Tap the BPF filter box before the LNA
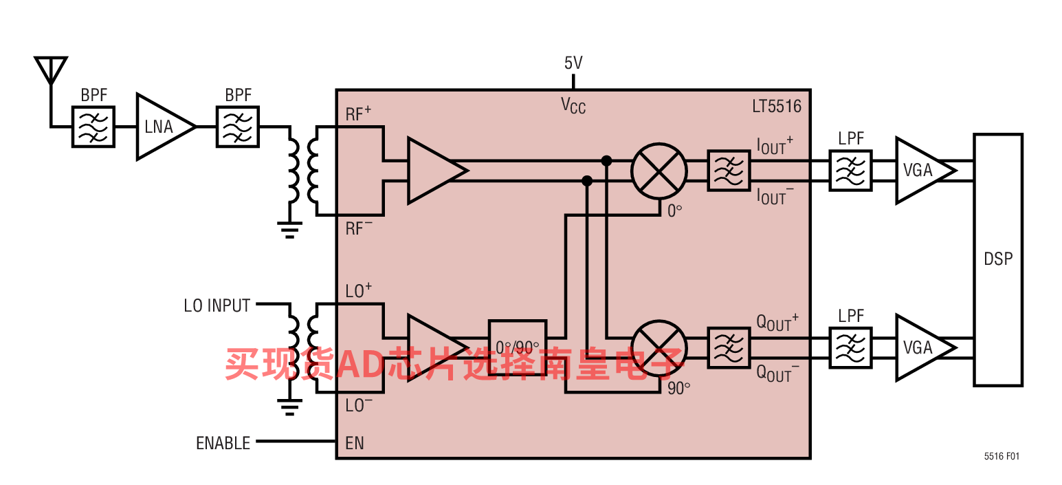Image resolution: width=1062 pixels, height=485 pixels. (93, 127)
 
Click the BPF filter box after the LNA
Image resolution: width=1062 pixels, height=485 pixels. (238, 127)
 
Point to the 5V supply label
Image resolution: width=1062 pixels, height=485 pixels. (573, 63)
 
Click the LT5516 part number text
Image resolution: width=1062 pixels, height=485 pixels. (777, 107)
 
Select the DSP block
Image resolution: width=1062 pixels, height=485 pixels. (998, 259)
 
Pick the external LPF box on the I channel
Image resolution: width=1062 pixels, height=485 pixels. (850, 171)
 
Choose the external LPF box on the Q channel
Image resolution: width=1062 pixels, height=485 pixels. (850, 348)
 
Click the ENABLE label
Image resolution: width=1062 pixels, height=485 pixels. (223, 443)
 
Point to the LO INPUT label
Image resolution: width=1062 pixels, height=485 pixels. (217, 305)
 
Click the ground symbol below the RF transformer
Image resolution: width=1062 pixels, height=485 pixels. (289, 230)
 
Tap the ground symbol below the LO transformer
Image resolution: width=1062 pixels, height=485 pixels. (289, 407)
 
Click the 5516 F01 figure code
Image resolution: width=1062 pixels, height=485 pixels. (1002, 456)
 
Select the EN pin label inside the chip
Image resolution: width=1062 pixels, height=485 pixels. (355, 443)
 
